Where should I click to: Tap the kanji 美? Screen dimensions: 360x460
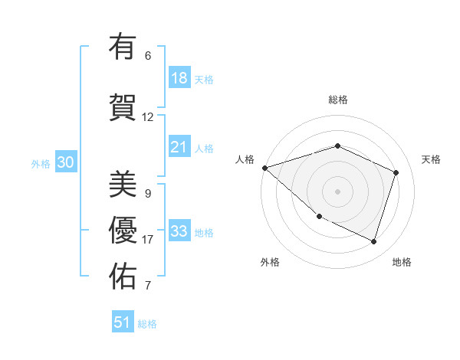pyautogui.click(x=123, y=183)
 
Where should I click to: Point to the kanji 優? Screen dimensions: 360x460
pyautogui.click(x=123, y=230)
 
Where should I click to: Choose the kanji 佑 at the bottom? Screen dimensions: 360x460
pyautogui.click(x=123, y=276)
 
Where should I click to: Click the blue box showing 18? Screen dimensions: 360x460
pyautogui.click(x=179, y=77)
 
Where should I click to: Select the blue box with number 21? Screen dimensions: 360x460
pyautogui.click(x=179, y=146)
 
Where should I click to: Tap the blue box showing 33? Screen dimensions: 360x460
pyautogui.click(x=179, y=231)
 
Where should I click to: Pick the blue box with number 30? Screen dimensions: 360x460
pyautogui.click(x=65, y=163)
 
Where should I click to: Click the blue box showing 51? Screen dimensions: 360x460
pyautogui.click(x=123, y=322)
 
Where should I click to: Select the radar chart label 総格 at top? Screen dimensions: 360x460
pyautogui.click(x=338, y=100)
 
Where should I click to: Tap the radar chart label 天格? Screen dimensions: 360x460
pyautogui.click(x=432, y=159)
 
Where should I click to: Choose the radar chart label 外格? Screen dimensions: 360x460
pyautogui.click(x=270, y=263)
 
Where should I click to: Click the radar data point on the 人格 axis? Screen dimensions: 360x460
pyautogui.click(x=264, y=168)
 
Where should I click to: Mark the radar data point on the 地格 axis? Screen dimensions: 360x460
pyautogui.click(x=373, y=241)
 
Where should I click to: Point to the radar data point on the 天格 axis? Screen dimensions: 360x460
pyautogui.click(x=396, y=172)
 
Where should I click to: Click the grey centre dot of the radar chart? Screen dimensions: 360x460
pyautogui.click(x=337, y=191)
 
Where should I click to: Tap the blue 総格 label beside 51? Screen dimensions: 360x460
pyautogui.click(x=147, y=324)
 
